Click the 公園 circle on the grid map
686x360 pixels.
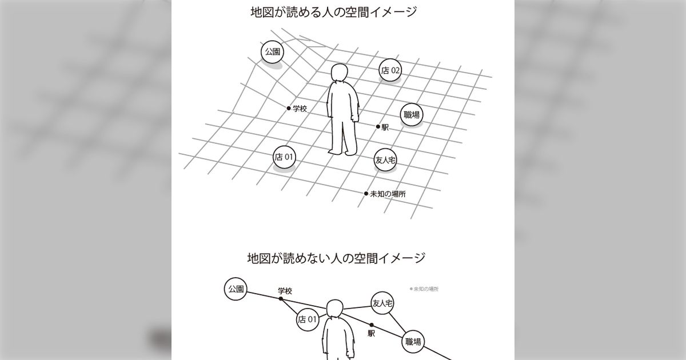pos(272,52)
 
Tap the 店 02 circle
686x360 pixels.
pos(390,70)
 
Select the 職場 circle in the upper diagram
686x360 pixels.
pos(412,115)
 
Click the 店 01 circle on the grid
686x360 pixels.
pos(284,157)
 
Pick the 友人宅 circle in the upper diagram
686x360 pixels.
pos(385,160)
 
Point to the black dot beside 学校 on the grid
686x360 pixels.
pos(289,108)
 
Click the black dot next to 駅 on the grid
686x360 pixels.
pos(378,126)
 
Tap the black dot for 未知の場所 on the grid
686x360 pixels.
pos(366,194)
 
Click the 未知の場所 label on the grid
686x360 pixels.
pos(388,194)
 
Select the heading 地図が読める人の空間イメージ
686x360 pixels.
pos(334,12)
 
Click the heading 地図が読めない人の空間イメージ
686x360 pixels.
pos(336,258)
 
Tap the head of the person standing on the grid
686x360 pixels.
pos(340,73)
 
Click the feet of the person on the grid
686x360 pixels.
pos(342,151)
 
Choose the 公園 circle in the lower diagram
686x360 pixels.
pos(236,289)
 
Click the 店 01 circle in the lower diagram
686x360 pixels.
pos(308,320)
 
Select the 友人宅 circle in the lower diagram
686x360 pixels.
pos(382,303)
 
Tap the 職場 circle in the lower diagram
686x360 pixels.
pos(413,342)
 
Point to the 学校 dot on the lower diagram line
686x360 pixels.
pos(281,298)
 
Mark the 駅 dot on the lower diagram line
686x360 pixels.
pos(372,325)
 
